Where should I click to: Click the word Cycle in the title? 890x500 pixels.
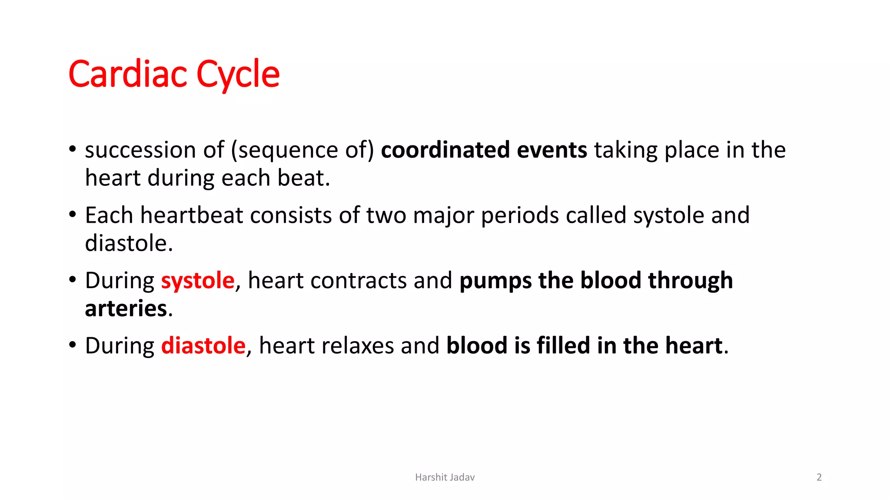(x=238, y=74)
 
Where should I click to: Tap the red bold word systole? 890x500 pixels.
(x=198, y=280)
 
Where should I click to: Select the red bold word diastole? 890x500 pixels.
(x=203, y=345)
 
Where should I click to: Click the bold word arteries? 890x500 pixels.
(x=126, y=309)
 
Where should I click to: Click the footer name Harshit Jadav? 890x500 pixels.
(x=445, y=477)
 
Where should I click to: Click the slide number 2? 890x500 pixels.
(x=819, y=477)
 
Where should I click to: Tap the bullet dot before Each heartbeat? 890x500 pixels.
(x=73, y=214)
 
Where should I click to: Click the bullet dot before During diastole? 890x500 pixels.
(x=73, y=345)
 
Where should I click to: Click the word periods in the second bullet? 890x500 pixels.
(x=520, y=215)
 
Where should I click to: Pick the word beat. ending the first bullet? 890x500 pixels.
(x=303, y=178)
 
